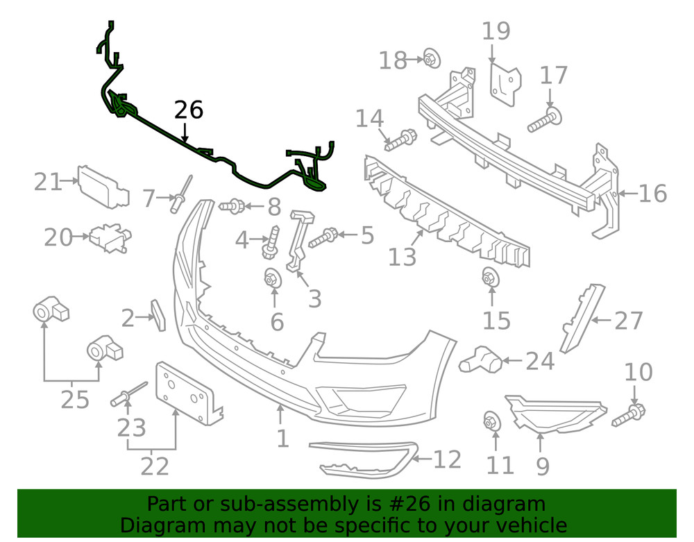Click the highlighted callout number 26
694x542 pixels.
pyautogui.click(x=188, y=110)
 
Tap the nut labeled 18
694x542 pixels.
pyautogui.click(x=430, y=60)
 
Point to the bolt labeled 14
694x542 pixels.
pyautogui.click(x=399, y=141)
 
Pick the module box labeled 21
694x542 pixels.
pyautogui.click(x=103, y=186)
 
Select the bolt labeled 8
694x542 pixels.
pyautogui.click(x=233, y=205)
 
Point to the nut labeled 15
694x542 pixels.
pyautogui.click(x=491, y=278)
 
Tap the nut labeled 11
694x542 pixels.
pyautogui.click(x=492, y=421)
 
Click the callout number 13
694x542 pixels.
pyautogui.click(x=402, y=257)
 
